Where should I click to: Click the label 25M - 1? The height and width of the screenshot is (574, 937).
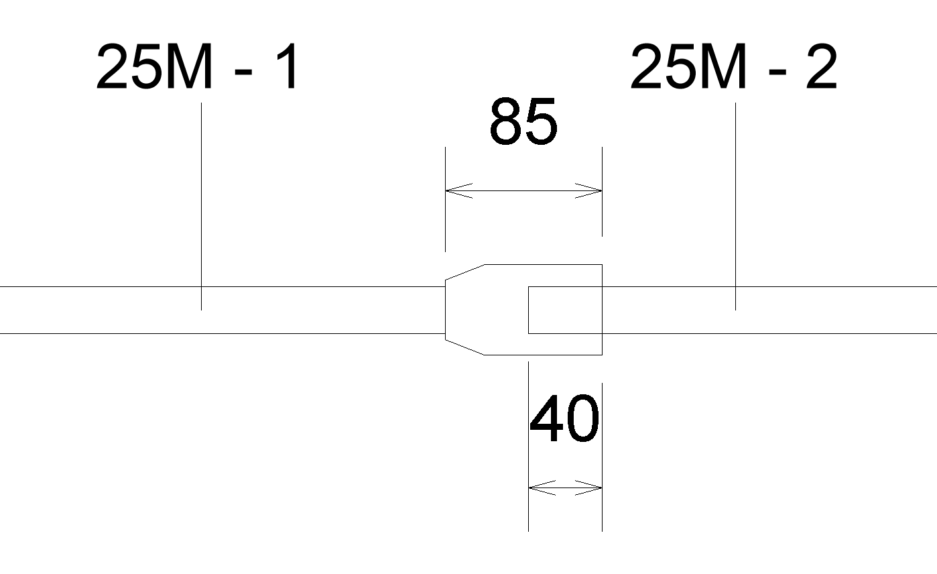198,67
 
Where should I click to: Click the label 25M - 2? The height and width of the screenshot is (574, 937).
733,67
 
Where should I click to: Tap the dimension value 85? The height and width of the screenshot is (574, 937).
523,122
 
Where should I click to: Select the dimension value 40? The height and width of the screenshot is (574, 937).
564,420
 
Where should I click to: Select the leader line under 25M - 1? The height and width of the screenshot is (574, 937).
201,201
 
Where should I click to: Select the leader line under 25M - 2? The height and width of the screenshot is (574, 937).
735,201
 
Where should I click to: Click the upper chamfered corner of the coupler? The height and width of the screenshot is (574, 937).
465,272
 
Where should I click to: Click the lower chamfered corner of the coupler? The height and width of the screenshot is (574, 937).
465,347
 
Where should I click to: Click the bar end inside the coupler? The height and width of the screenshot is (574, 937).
529,310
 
